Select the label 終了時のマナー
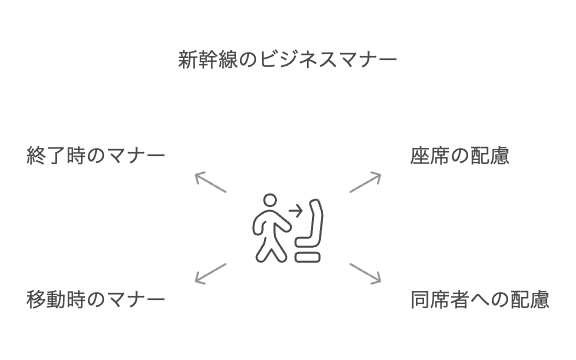tap(95, 157)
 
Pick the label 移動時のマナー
tap(95, 299)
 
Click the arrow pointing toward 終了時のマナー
tap(210, 181)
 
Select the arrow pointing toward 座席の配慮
tap(366, 181)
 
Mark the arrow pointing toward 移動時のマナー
tap(210, 273)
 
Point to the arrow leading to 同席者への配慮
tap(366, 273)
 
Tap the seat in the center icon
tap(312, 232)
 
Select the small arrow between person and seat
tap(292, 212)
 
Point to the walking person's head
tap(267, 200)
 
